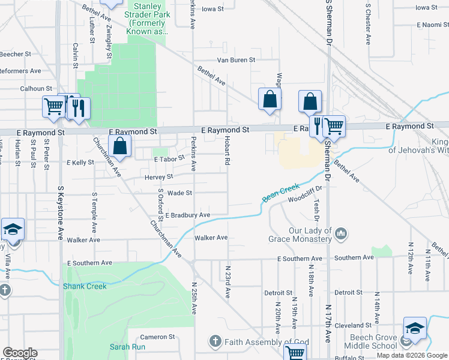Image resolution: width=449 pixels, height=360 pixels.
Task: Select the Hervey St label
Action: pos(158,177)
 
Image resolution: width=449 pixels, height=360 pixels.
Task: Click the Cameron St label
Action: pos(157,337)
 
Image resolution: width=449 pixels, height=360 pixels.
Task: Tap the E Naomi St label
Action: pos(433,25)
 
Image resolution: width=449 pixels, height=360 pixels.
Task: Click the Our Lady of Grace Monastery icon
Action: pos(340,232)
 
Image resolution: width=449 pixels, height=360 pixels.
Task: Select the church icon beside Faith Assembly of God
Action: pos(215,342)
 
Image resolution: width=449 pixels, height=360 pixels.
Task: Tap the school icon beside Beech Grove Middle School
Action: pos(415,328)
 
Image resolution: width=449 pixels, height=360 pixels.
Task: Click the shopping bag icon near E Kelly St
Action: pos(120,145)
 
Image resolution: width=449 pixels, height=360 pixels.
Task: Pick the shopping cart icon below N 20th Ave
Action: pos(295,352)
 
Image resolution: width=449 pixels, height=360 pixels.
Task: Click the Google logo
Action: pos(20,353)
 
